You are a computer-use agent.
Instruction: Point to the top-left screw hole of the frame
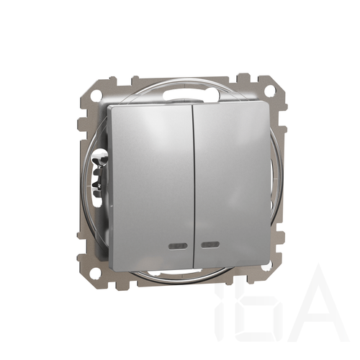pos(97,93)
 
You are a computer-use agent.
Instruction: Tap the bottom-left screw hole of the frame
pos(96,272)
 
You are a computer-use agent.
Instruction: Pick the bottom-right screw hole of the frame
pos(269,266)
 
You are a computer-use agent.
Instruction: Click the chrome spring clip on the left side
pos(100,171)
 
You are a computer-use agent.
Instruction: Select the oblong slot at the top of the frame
pos(191,94)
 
